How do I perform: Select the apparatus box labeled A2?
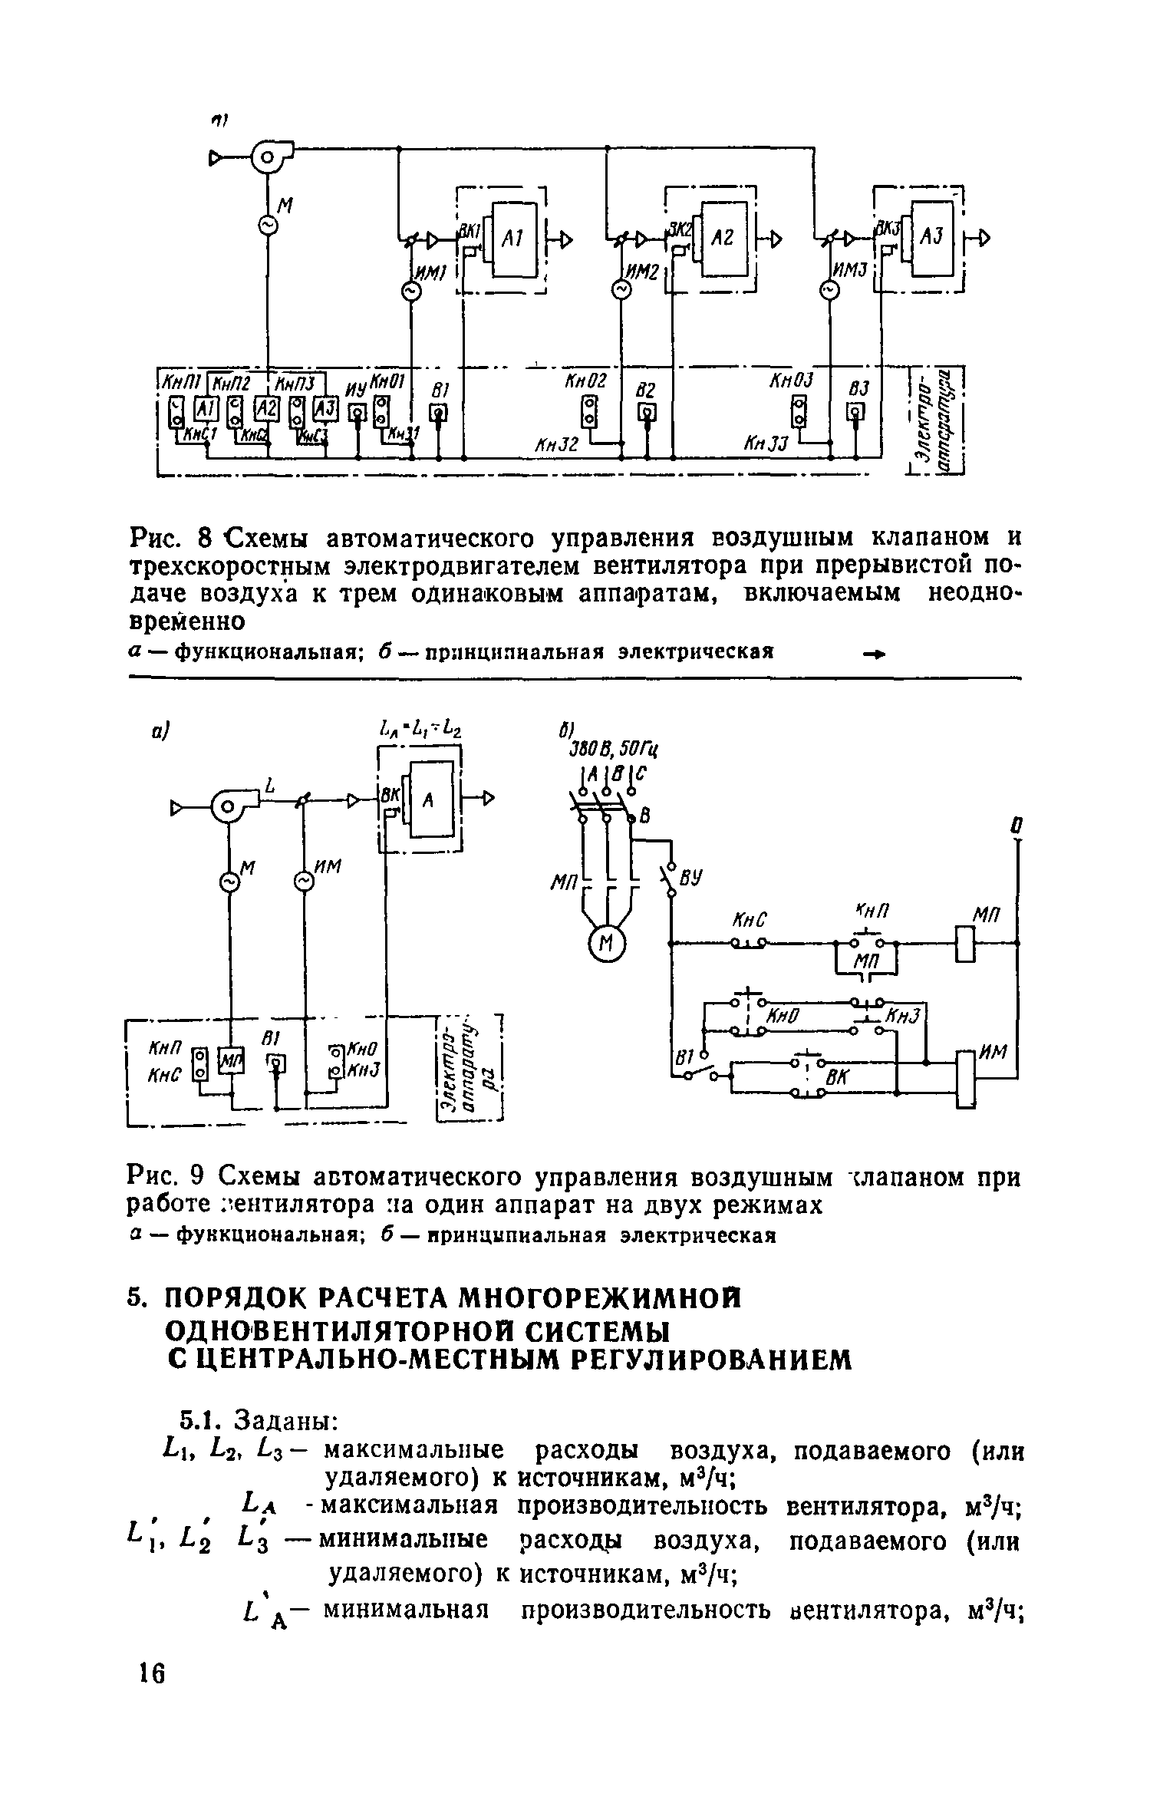(725, 238)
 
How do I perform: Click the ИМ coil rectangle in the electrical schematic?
(965, 1078)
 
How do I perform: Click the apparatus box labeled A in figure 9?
(429, 799)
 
